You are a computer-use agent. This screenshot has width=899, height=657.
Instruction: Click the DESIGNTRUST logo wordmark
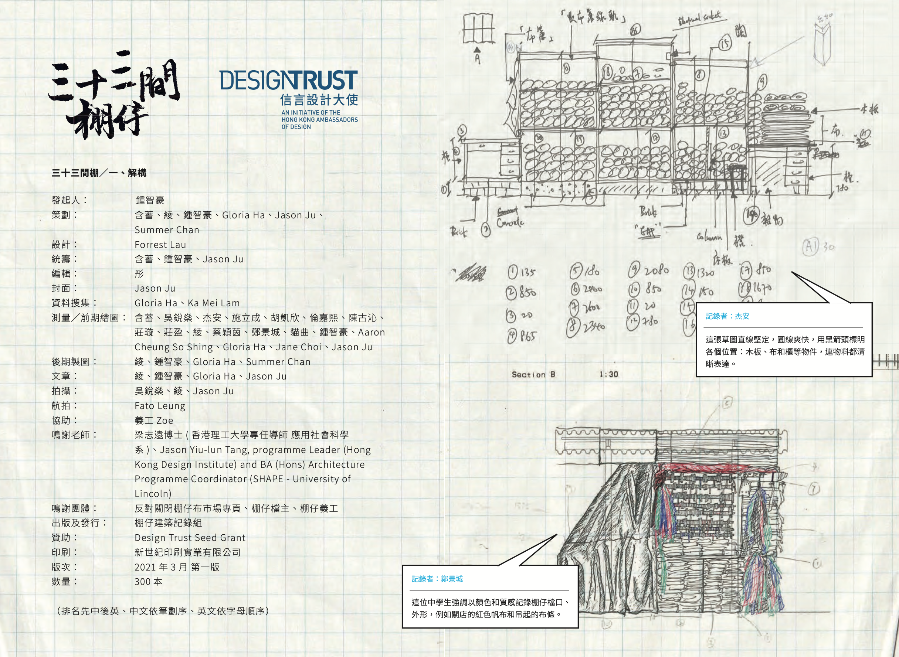pyautogui.click(x=288, y=81)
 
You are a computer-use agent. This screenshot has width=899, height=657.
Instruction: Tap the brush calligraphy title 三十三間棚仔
pyautogui.click(x=113, y=95)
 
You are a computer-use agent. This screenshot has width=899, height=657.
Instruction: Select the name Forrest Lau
pyautogui.click(x=160, y=245)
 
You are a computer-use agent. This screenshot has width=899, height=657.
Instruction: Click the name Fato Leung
pyautogui.click(x=160, y=406)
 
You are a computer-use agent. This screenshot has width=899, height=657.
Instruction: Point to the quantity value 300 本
pyautogui.click(x=148, y=582)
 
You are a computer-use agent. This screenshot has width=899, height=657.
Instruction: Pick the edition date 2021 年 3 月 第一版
pyautogui.click(x=177, y=567)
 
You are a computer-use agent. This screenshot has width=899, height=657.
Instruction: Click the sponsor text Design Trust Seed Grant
pyautogui.click(x=190, y=538)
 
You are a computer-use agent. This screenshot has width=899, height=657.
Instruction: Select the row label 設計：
pyautogui.click(x=64, y=245)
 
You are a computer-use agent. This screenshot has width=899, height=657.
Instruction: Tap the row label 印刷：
pyautogui.click(x=64, y=552)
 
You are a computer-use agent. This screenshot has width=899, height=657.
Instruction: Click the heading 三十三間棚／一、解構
pyautogui.click(x=99, y=173)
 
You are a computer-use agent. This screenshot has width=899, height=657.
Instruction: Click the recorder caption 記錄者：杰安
pyautogui.click(x=727, y=316)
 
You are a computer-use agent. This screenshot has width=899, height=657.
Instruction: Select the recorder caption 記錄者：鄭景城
pyautogui.click(x=437, y=579)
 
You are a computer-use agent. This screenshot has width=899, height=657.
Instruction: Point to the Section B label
pyautogui.click(x=533, y=375)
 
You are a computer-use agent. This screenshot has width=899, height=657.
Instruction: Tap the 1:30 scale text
pyautogui.click(x=608, y=374)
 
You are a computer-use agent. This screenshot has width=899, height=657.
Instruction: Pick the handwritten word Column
pyautogui.click(x=709, y=238)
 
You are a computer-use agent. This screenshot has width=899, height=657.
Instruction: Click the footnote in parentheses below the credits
pyautogui.click(x=163, y=611)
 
